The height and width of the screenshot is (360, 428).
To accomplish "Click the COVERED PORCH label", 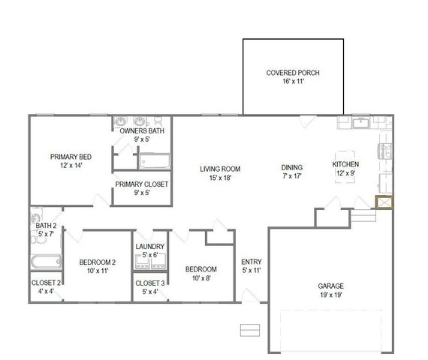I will click(293, 73).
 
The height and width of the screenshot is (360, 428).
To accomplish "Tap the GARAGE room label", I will click(330, 286).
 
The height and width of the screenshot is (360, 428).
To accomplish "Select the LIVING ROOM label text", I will click(219, 169).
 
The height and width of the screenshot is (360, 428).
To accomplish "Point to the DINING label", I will click(292, 168).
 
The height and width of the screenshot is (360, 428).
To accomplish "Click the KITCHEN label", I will click(345, 164).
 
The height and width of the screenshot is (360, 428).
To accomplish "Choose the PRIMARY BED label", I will click(71, 157).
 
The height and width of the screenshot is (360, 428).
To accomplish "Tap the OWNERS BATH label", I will click(141, 130).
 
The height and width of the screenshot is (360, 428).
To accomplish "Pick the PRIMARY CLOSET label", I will click(141, 184).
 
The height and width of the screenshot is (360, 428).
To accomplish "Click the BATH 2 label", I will click(46, 226).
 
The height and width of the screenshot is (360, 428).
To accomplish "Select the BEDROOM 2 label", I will click(98, 262).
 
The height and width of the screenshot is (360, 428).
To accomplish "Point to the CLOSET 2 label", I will click(46, 283).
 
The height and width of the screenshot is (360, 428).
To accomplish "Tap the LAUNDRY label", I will click(150, 247).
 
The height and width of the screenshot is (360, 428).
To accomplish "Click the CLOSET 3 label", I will click(150, 283).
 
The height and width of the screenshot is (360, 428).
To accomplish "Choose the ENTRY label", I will click(251, 262).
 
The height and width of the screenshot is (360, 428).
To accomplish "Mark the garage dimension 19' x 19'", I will click(330, 295).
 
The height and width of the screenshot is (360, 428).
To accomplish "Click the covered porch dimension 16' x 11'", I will click(293, 82).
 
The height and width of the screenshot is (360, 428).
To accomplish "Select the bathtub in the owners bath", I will click(155, 162).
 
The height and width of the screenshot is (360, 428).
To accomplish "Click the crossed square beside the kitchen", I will click(383, 202).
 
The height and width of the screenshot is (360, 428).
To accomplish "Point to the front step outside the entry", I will click(249, 330).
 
